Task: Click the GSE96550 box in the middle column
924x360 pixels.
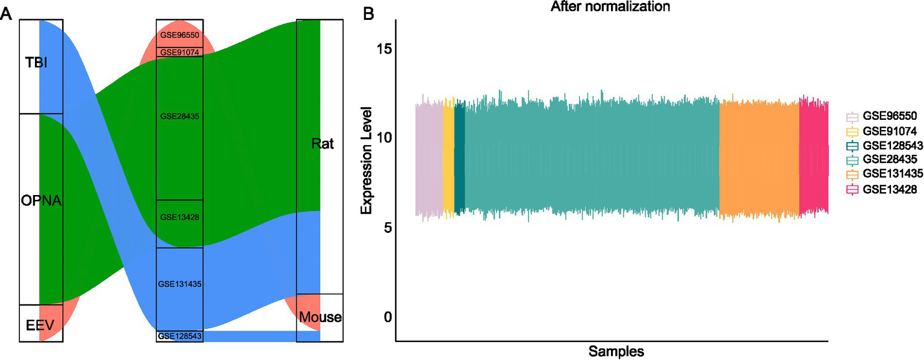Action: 179,34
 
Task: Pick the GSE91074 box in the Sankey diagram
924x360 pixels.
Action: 179,52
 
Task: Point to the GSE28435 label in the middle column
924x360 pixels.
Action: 179,116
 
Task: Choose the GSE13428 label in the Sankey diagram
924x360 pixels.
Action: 179,217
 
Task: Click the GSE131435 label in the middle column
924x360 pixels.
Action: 179,282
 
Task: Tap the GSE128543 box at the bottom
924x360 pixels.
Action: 179,336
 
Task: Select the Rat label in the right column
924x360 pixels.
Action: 323,144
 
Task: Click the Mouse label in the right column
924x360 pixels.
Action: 320,317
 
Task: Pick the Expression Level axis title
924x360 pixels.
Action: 367,161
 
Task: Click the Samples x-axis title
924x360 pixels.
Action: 616,350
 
